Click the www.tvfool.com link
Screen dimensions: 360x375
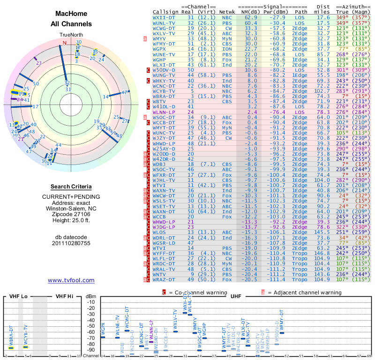pos(71,280)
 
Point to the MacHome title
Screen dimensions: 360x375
pos(71,14)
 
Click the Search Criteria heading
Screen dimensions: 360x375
pos(71,187)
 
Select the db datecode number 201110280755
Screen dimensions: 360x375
pos(71,243)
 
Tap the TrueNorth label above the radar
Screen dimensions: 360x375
pos(71,35)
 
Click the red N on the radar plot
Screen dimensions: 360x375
pos(65,43)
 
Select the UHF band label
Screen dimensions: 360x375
pos(236,297)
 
